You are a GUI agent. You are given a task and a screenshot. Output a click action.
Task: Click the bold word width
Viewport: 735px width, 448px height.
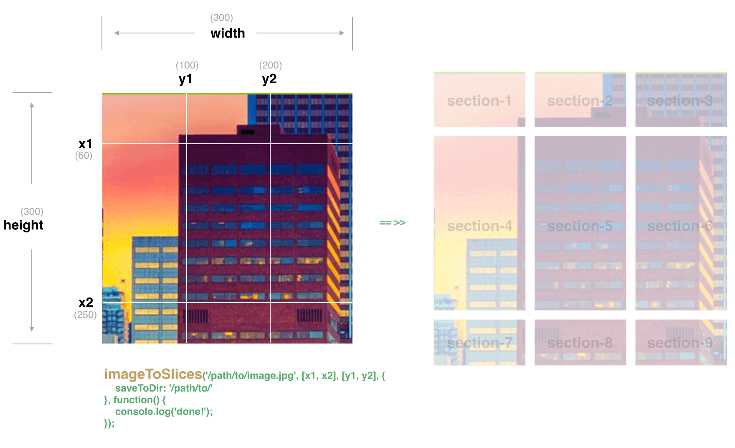pos(228,33)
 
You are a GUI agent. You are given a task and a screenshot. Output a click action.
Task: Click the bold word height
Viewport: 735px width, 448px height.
pos(23,225)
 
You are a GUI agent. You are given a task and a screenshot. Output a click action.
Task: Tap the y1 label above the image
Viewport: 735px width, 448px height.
pos(185,79)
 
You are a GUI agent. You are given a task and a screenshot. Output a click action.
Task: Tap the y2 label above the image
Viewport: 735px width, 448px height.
pos(269,79)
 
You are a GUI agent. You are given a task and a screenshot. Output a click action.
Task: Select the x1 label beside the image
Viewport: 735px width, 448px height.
pos(85,144)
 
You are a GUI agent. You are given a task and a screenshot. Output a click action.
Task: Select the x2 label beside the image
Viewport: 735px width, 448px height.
pos(86,303)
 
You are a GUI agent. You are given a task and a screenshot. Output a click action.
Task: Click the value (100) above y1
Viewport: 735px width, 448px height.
pos(187,65)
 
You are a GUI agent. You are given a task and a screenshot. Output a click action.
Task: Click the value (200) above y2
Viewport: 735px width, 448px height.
pos(271,65)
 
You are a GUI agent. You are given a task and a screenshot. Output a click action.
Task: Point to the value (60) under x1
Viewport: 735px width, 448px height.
pos(84,155)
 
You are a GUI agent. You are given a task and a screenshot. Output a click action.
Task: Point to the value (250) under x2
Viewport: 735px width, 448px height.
pos(85,315)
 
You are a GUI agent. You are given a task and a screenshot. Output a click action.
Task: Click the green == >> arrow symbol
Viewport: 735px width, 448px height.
pos(392,223)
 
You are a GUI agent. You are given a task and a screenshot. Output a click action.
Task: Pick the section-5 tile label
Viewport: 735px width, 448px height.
pos(580,226)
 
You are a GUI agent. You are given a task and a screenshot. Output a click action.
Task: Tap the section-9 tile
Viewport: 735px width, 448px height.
pos(681,343)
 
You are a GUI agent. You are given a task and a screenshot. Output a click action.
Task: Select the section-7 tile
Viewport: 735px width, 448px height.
pos(479,343)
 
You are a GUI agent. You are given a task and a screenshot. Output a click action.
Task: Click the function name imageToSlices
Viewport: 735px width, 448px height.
pos(153,374)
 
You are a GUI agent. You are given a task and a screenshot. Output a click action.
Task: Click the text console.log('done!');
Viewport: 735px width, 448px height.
pos(164,412)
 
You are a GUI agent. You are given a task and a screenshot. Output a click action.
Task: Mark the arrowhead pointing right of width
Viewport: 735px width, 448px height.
pos(342,33)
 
